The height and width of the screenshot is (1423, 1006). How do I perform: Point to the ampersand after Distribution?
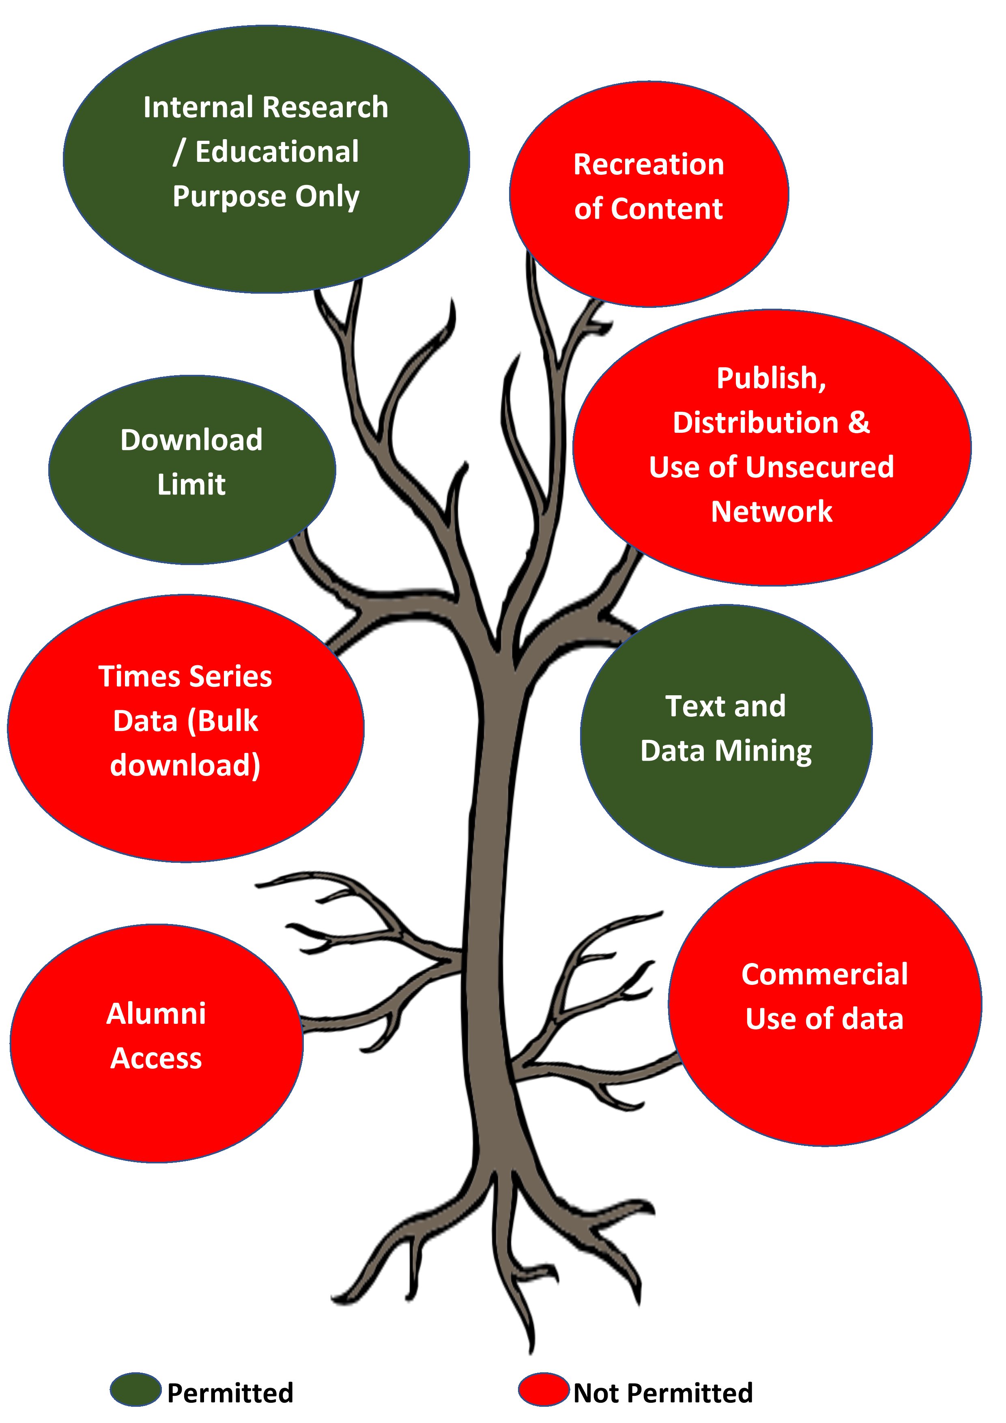point(858,423)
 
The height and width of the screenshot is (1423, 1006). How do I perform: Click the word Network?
point(772,512)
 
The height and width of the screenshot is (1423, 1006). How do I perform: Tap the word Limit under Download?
point(191,485)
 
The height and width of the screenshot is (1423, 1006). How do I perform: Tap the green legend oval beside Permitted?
point(136,1389)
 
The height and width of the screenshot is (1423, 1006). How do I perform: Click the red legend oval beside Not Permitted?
point(544,1389)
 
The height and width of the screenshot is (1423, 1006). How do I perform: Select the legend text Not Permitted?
point(662,1393)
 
